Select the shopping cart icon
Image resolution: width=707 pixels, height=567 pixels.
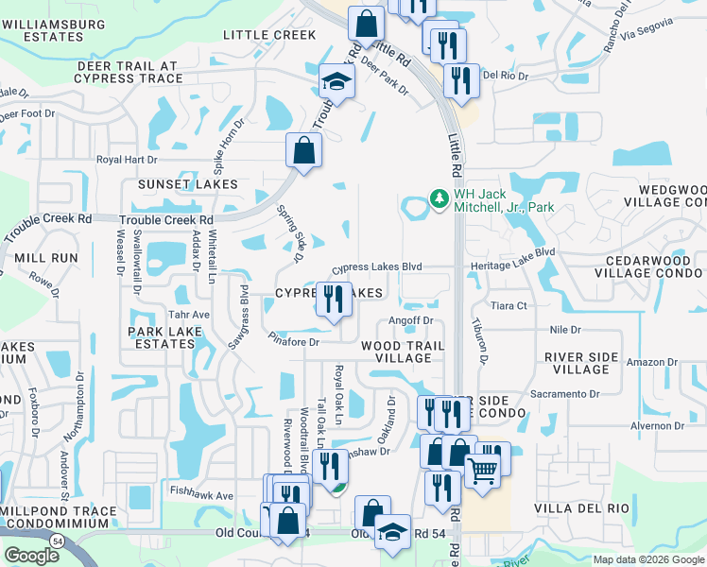point(482,469)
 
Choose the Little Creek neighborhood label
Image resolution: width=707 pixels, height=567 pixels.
point(269,35)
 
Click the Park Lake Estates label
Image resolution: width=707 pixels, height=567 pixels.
point(166,337)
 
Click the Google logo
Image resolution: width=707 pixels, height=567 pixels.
point(31,555)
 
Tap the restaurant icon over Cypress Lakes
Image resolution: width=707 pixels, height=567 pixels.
point(332,300)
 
